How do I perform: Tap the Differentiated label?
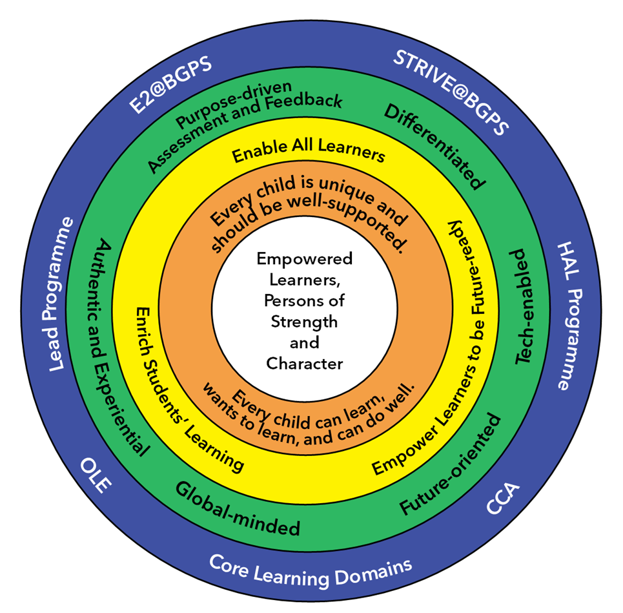[434, 146]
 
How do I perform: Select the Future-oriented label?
[451, 465]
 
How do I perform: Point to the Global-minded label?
[238, 517]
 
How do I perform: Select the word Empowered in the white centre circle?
[305, 259]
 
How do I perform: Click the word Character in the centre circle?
[305, 364]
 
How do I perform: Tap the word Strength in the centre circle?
[304, 321]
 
